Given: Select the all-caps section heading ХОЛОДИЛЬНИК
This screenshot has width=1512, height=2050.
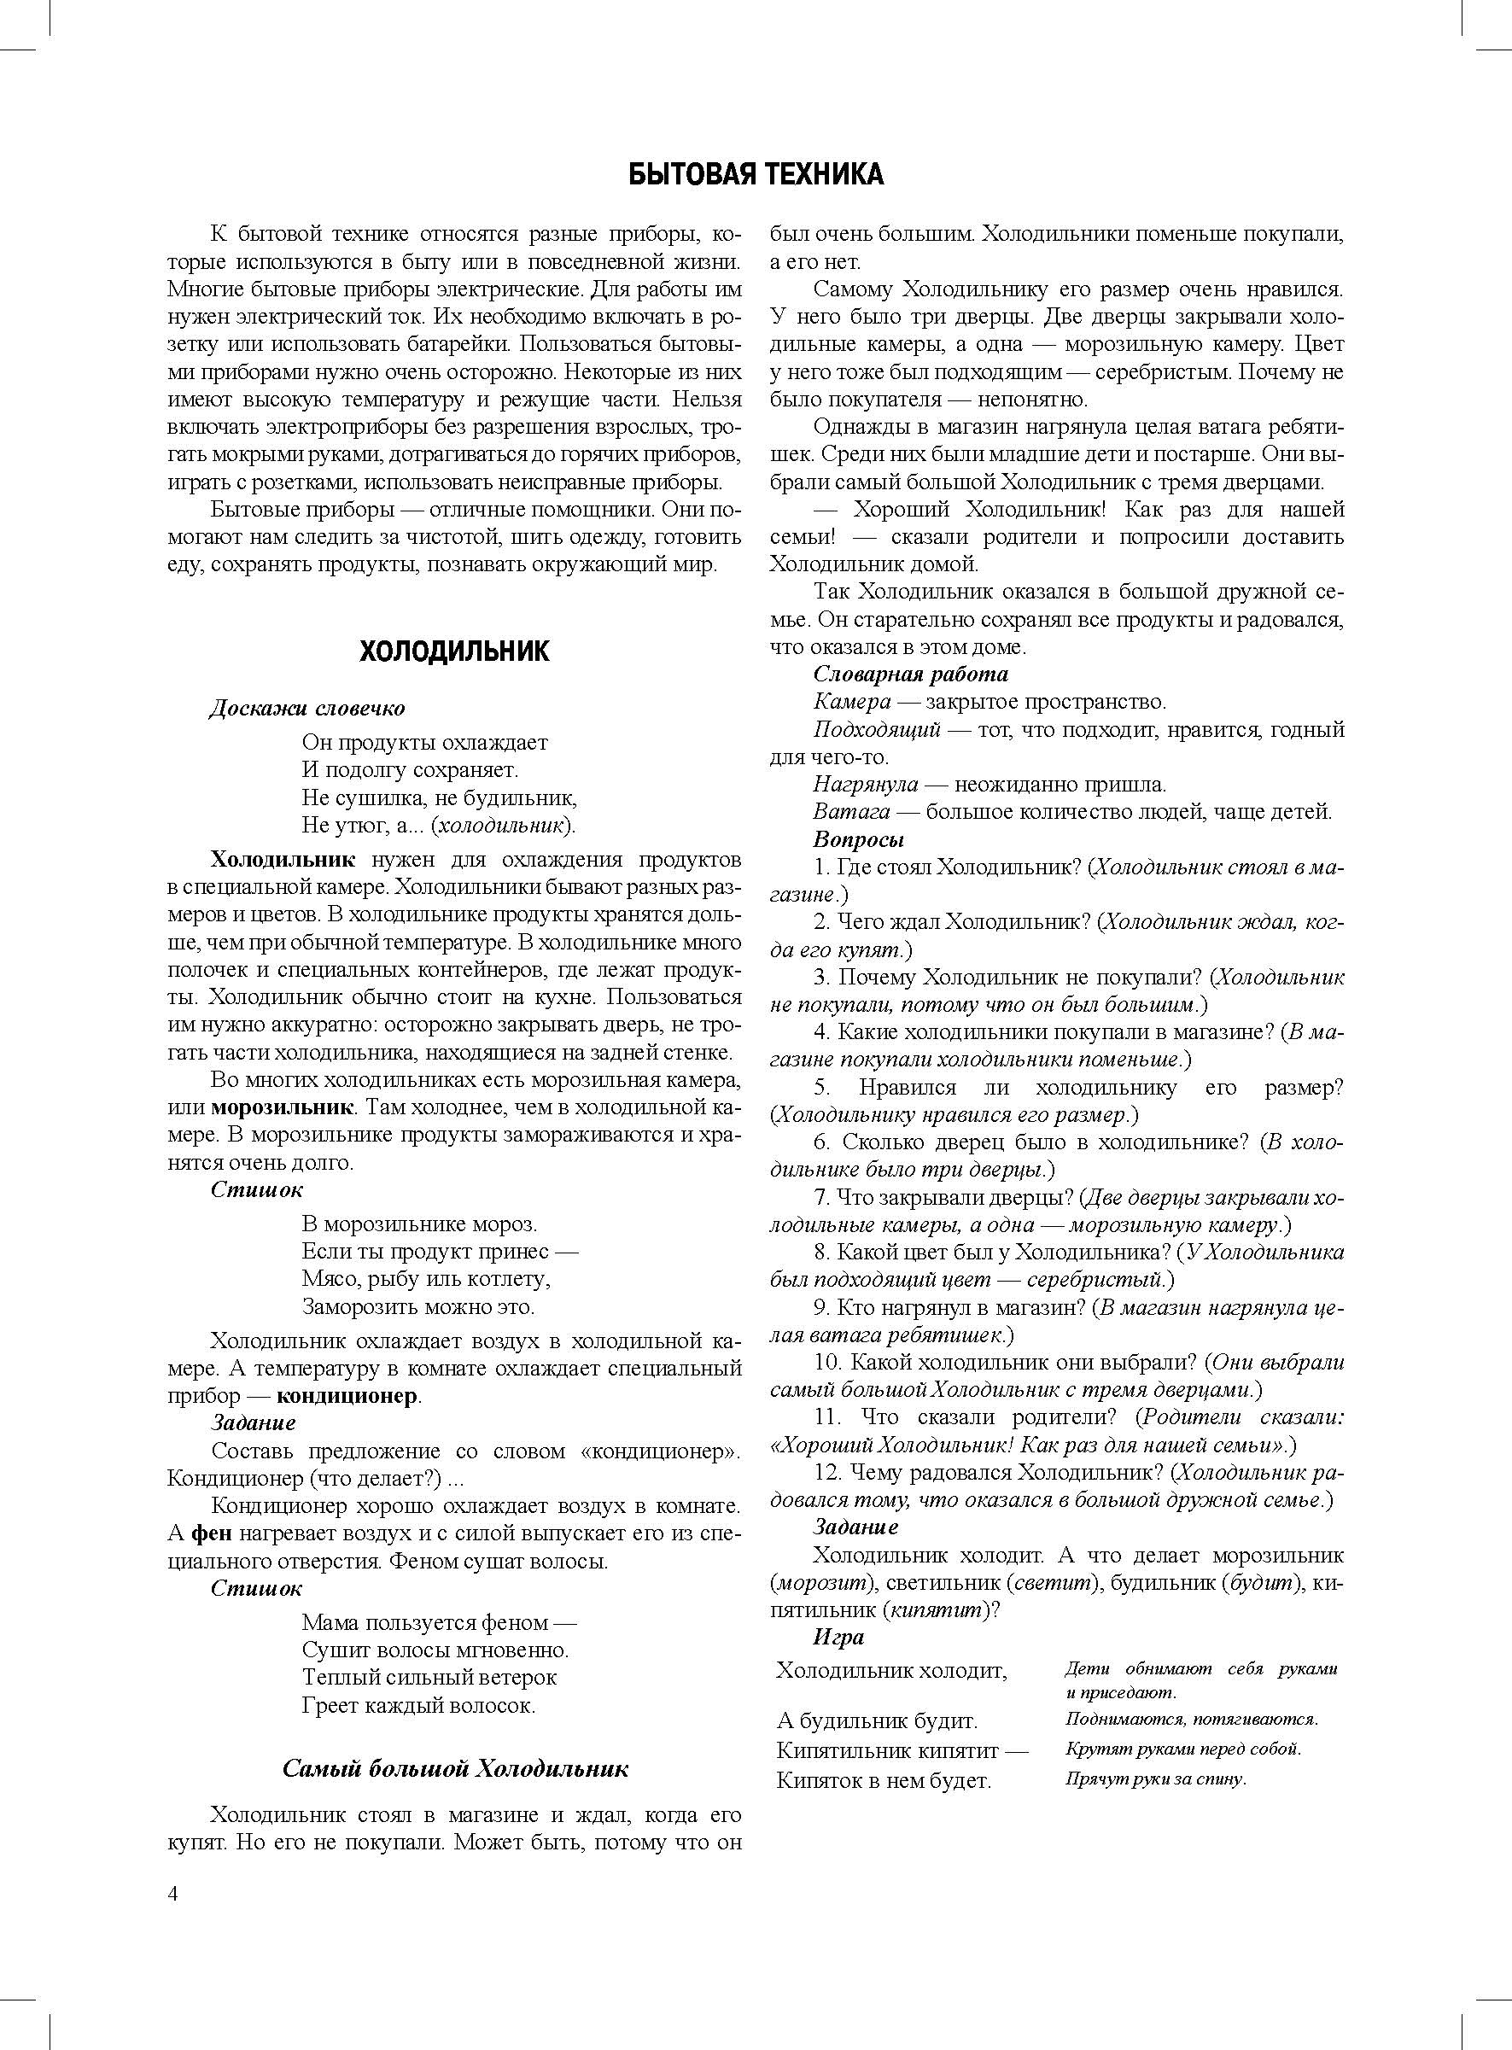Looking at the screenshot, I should coord(454,651).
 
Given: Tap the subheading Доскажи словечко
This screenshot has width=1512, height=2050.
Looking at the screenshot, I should coord(307,709).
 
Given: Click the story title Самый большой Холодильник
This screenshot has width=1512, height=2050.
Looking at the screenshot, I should coord(455,1768).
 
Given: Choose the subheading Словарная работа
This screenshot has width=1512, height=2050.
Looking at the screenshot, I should coord(911,675).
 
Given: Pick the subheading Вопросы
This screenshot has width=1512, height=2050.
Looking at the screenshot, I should coord(859,839).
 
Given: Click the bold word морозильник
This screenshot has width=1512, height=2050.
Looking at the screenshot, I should coord(282,1107).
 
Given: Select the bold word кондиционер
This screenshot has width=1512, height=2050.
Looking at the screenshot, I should coord(347,1397).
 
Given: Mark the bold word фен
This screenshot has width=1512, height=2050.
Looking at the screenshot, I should coord(211,1533).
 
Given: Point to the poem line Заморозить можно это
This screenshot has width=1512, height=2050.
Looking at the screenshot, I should coord(418,1306).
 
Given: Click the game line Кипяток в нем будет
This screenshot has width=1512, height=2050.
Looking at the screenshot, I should coord(884,1781).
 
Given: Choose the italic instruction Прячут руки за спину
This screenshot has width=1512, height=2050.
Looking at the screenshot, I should coord(1156,1779).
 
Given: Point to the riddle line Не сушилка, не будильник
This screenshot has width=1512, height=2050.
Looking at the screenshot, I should coord(440,797).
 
